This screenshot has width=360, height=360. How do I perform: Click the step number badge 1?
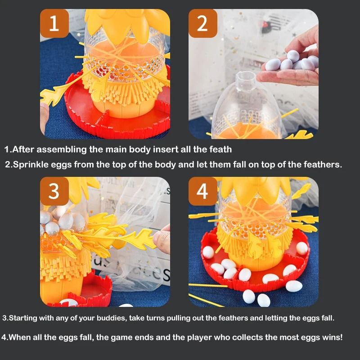click(x=54, y=23)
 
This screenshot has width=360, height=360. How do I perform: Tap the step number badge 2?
click(x=202, y=23)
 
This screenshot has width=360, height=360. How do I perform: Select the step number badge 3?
click(x=54, y=191)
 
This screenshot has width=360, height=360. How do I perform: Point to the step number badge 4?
click(x=202, y=191)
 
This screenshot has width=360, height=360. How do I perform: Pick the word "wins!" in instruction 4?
click(x=330, y=337)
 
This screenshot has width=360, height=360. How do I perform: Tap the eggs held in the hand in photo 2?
click(x=292, y=61)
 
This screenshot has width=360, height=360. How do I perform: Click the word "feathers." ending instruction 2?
click(x=322, y=164)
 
